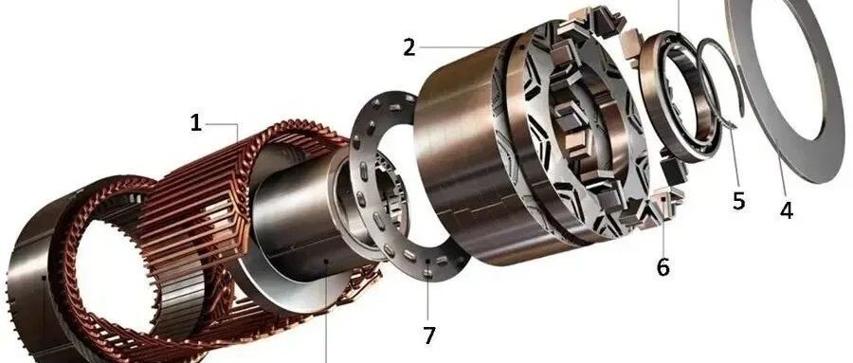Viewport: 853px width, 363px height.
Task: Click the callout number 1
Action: coord(196,123)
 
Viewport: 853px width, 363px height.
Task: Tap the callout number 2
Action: coord(409,48)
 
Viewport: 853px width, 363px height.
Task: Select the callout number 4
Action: coord(786,209)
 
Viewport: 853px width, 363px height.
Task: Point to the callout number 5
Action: coord(738,200)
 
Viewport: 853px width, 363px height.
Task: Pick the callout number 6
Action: coord(662,266)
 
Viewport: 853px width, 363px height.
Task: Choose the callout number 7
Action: coord(429,336)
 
